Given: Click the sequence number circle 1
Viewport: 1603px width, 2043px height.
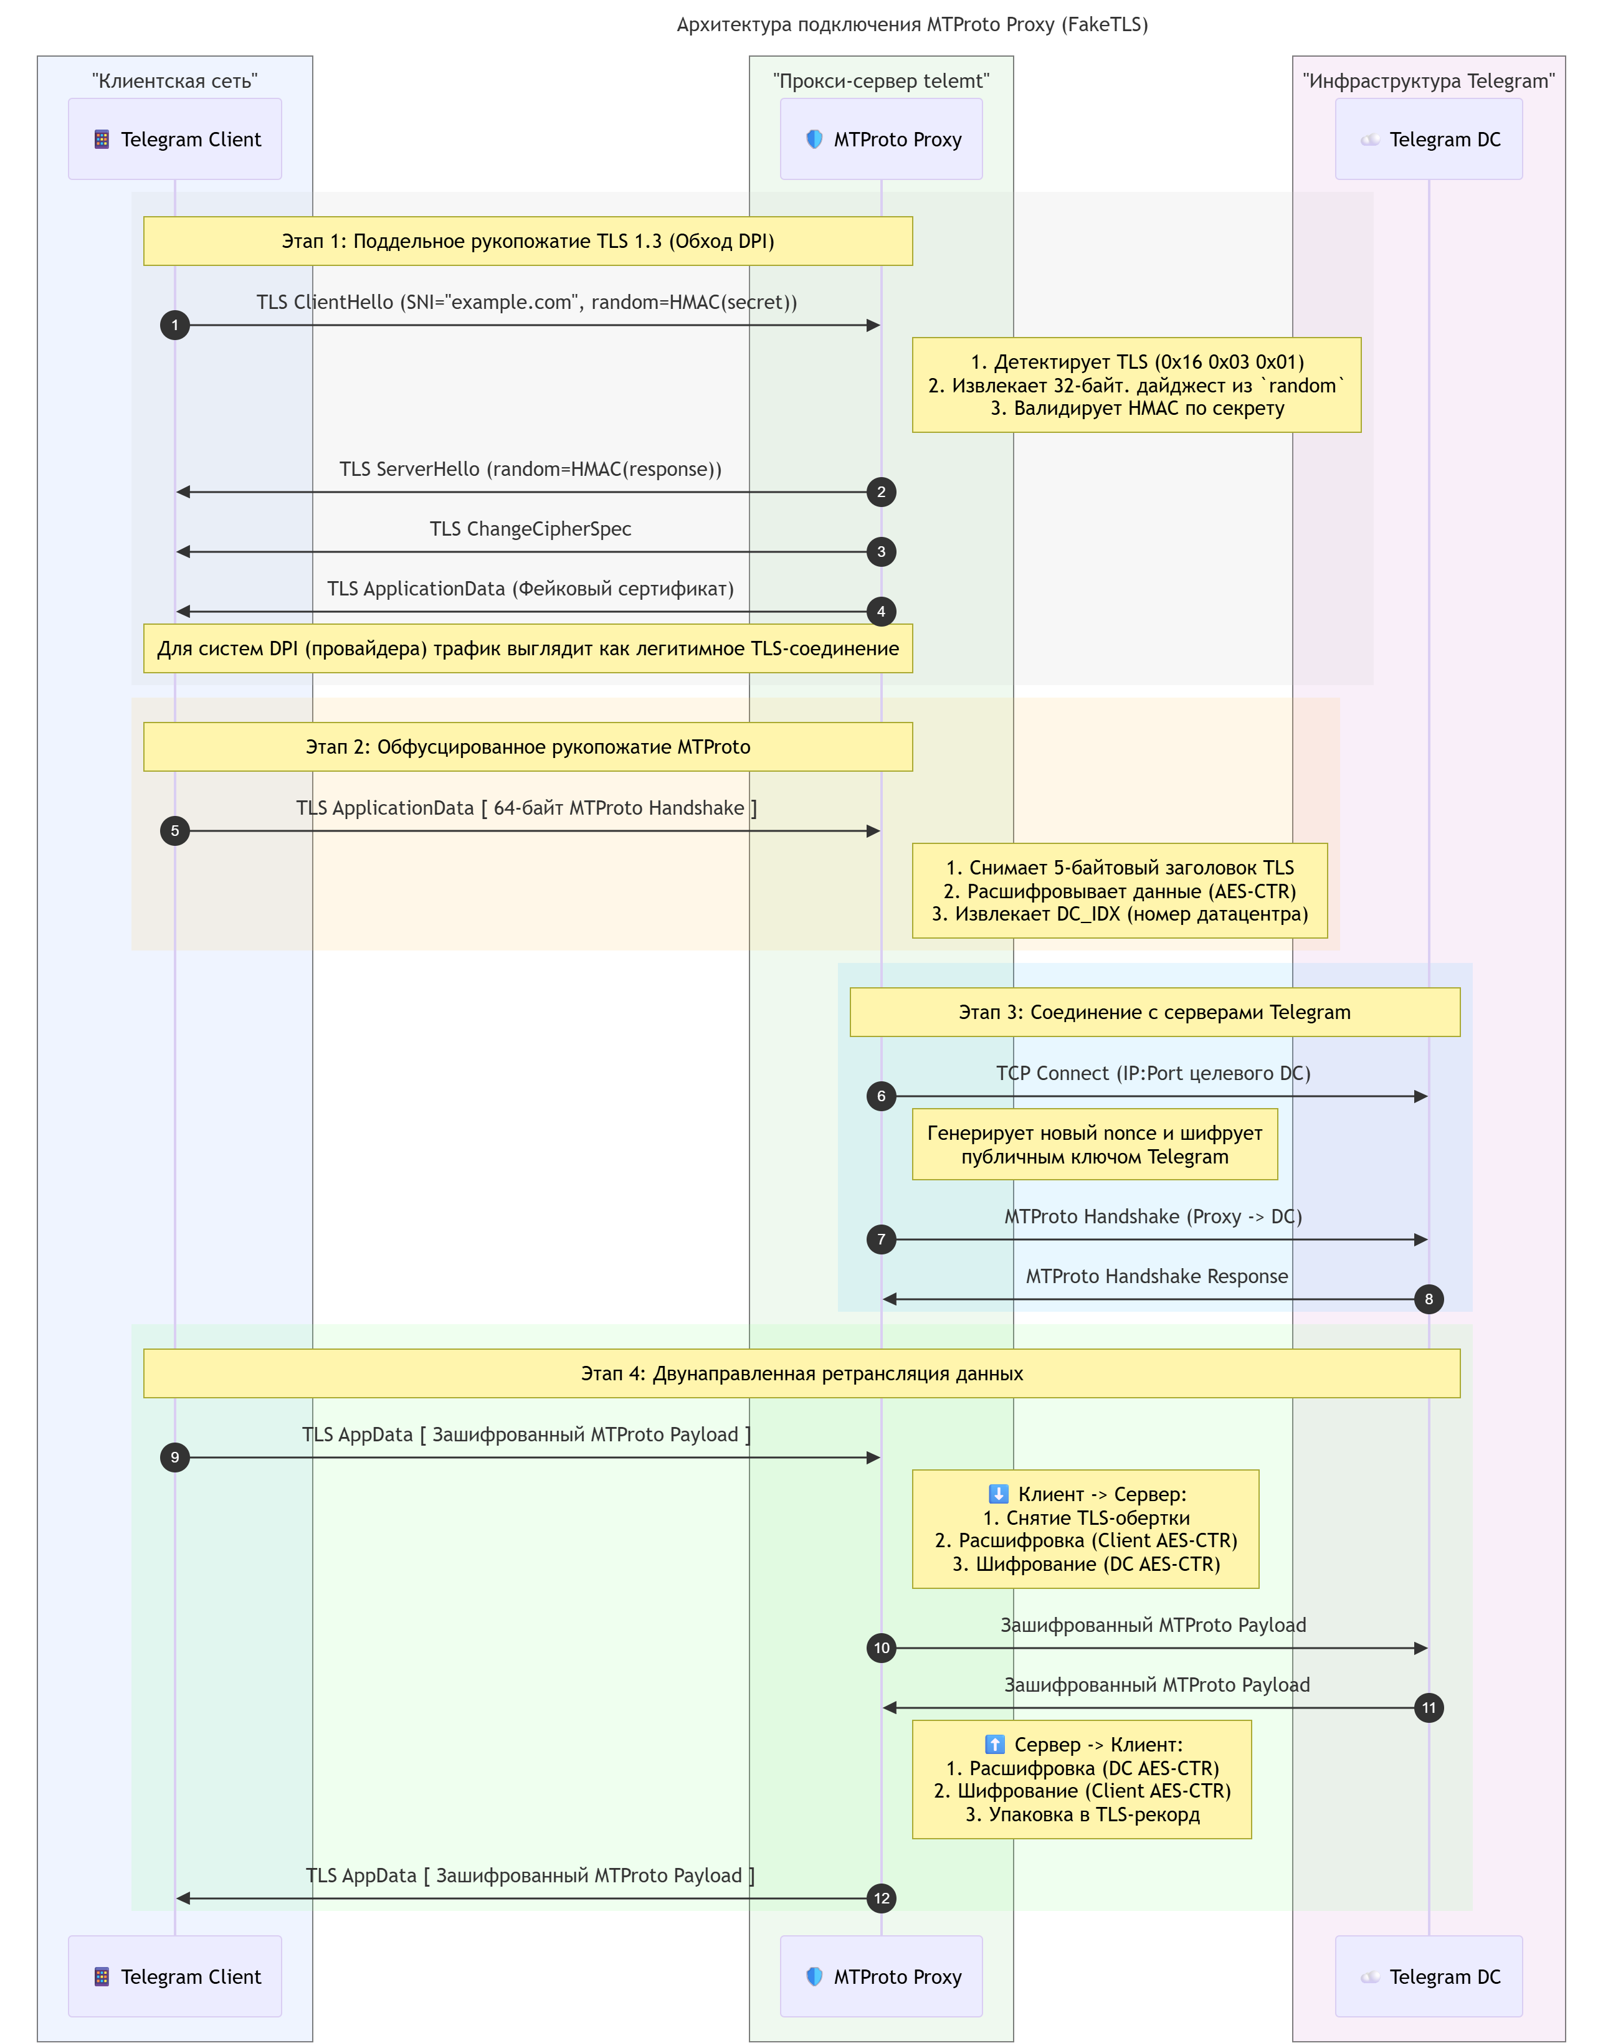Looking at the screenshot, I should pos(174,326).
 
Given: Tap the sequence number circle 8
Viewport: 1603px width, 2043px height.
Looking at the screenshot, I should pos(1429,1299).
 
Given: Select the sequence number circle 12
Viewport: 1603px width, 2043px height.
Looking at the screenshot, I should pos(882,1898).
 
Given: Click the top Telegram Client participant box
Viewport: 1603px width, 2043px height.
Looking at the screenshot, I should pos(174,139).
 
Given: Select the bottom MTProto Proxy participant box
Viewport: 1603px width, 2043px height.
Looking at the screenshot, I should pos(882,1976).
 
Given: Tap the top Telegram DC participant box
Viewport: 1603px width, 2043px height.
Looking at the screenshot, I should pos(1429,139).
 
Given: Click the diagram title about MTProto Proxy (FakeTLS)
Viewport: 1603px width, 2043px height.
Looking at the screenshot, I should pos(912,24).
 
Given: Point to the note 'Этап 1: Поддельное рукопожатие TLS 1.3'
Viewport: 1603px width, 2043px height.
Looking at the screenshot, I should pos(528,241).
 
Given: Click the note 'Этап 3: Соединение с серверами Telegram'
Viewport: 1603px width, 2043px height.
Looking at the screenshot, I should pos(1154,1012).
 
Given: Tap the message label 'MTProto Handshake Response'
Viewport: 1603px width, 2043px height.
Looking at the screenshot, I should pos(1156,1276).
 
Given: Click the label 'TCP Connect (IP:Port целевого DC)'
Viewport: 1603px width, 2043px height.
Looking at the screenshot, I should pos(1153,1073).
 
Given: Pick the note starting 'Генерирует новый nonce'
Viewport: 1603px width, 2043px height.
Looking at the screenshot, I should pos(1095,1145).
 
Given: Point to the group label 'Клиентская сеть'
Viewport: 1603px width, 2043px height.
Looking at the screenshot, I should pos(174,81).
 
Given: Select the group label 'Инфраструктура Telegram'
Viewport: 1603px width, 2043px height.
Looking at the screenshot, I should pos(1429,81).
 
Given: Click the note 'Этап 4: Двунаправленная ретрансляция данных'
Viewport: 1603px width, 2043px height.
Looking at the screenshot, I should pos(801,1373).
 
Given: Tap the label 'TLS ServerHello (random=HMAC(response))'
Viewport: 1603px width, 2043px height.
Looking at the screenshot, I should pos(530,469).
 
